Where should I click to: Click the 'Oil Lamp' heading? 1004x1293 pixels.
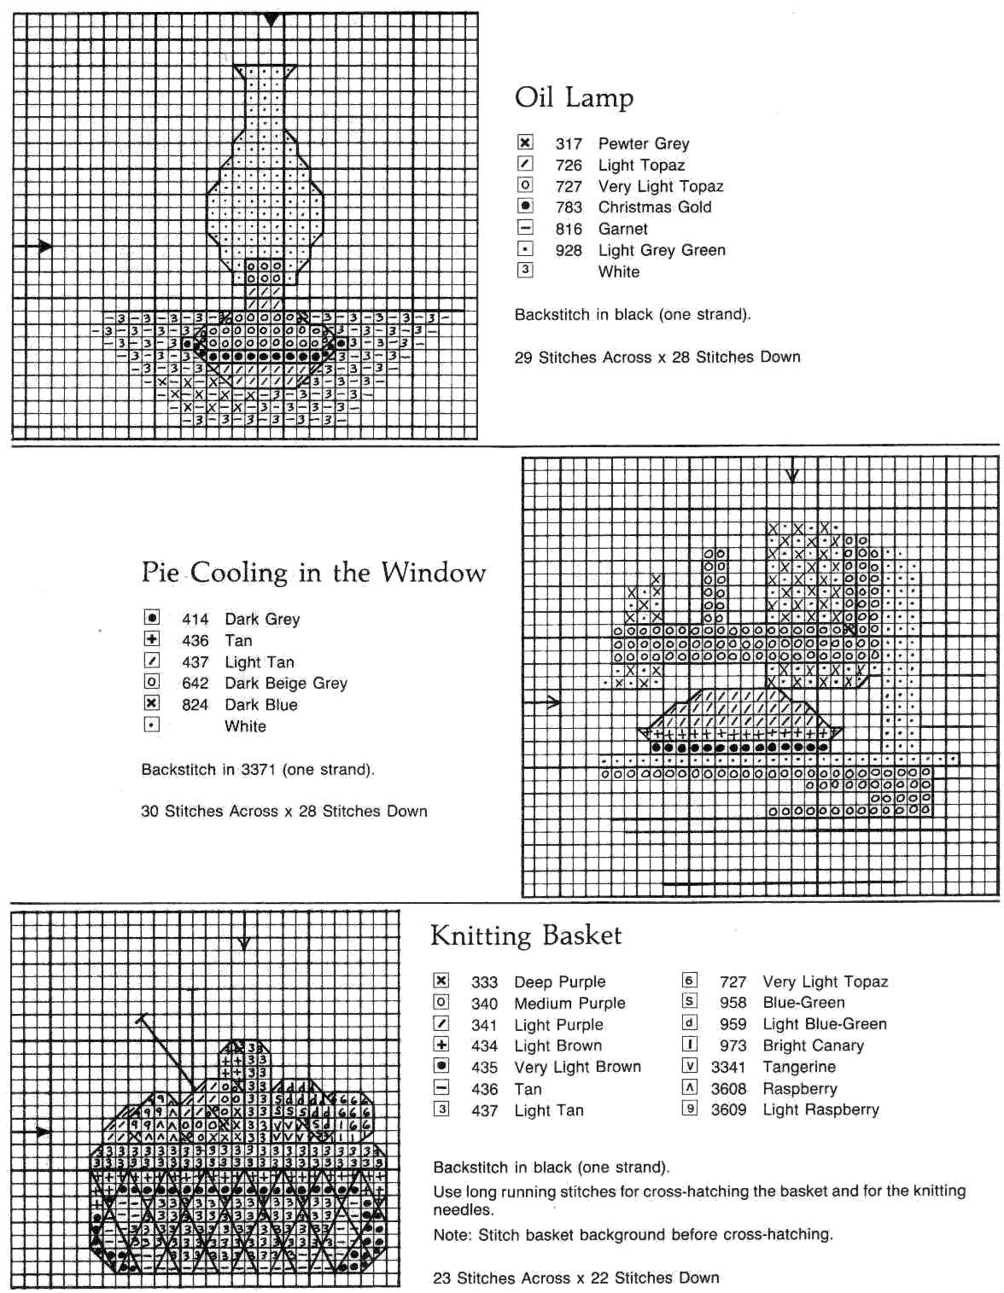pos(574,98)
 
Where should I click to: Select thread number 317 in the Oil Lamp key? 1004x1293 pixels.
pos(569,143)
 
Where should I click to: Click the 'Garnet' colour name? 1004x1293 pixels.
pos(622,229)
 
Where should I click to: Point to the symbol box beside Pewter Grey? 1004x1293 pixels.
pos(526,143)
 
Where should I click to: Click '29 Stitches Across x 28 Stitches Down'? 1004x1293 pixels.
pos(657,357)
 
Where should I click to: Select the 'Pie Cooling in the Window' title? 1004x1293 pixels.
pos(313,572)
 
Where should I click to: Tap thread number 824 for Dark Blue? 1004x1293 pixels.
pos(195,705)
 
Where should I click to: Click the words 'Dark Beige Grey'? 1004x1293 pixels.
pos(286,684)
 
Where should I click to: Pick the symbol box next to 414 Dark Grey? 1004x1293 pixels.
pos(152,617)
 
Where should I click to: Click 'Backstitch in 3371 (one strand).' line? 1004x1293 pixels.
pos(258,769)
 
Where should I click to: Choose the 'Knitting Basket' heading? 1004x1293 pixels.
pos(526,935)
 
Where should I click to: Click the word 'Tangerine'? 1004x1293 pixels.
pos(799,1067)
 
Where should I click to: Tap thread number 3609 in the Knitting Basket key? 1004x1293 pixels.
pos(728,1110)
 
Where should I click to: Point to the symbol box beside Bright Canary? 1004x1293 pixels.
pos(690,1044)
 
